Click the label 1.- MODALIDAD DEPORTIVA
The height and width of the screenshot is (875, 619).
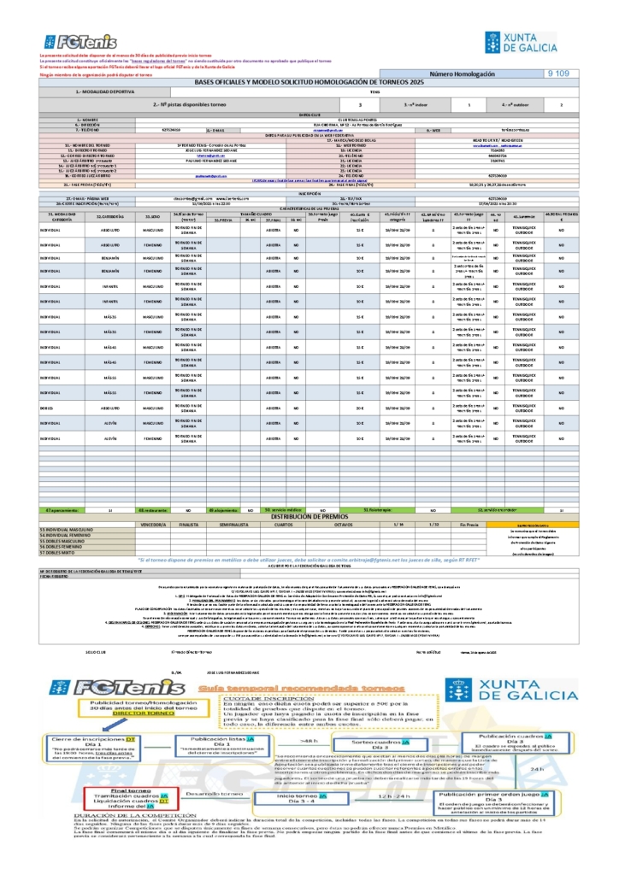[105, 91]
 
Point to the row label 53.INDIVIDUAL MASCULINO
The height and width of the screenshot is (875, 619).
[73, 530]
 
